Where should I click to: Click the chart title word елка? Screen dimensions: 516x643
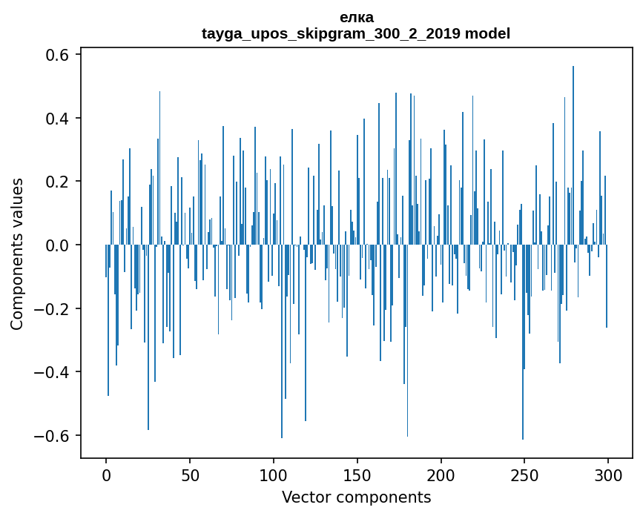356,17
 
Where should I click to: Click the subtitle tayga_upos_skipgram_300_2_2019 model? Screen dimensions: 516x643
356,33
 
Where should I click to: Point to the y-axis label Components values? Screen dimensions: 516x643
17,254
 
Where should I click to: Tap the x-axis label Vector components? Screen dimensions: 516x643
356,497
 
